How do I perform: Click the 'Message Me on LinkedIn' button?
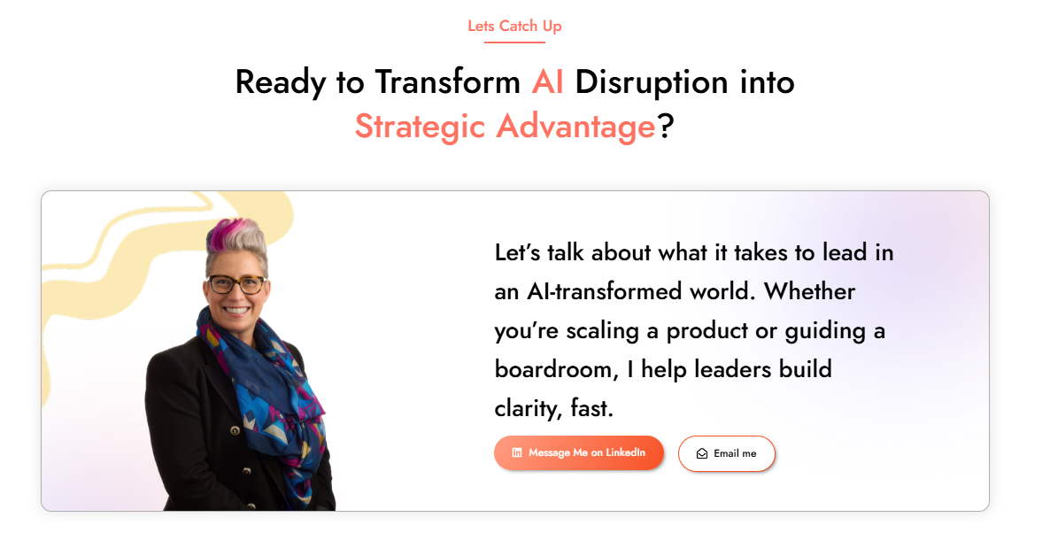pyautogui.click(x=579, y=452)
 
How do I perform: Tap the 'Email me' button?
pyautogui.click(x=727, y=453)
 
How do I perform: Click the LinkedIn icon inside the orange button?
pyautogui.click(x=517, y=452)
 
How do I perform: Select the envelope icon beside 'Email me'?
pyautogui.click(x=702, y=453)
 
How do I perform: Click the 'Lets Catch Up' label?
pyautogui.click(x=514, y=27)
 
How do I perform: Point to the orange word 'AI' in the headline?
pyautogui.click(x=547, y=82)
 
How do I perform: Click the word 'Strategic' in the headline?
pyautogui.click(x=420, y=127)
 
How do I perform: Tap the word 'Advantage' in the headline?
pyautogui.click(x=575, y=127)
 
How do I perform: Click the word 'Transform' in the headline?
pyautogui.click(x=447, y=82)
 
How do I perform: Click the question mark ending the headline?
pyautogui.click(x=665, y=126)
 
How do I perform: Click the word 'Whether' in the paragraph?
pyautogui.click(x=809, y=291)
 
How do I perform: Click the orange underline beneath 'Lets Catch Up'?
pyautogui.click(x=514, y=42)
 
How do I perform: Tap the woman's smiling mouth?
pyautogui.click(x=235, y=310)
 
